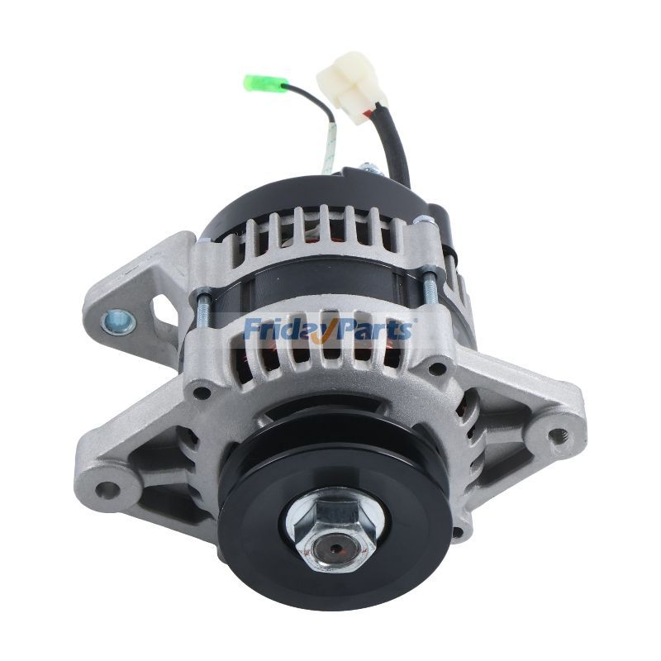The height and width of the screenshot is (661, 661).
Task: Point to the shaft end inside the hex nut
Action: (335, 549)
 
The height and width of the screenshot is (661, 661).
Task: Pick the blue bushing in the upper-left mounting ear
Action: (118, 321)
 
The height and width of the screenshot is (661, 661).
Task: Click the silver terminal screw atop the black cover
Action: (367, 170)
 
